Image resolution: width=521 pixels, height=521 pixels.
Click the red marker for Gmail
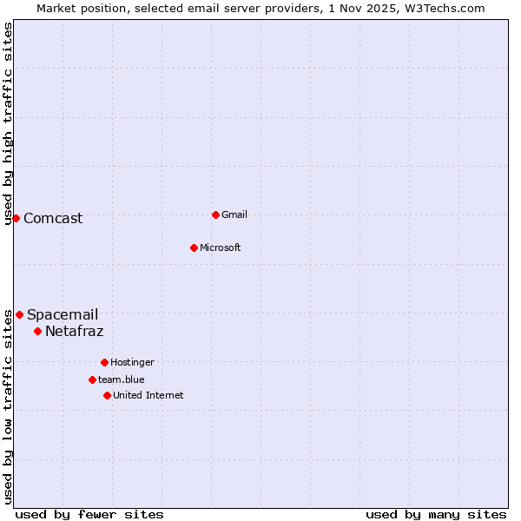click(215, 214)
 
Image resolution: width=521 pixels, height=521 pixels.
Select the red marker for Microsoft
click(194, 247)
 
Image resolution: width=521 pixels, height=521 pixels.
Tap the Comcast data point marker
click(16, 218)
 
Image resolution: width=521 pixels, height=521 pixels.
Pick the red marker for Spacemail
click(19, 314)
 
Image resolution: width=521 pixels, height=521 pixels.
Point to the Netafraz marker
click(37, 331)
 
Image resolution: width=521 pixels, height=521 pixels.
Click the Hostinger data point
click(104, 362)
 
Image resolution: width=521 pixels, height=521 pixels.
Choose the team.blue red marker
click(92, 379)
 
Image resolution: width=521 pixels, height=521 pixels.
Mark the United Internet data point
click(107, 395)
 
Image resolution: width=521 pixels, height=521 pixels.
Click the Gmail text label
click(234, 214)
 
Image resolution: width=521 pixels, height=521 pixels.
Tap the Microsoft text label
click(220, 247)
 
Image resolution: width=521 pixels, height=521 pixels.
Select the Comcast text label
click(53, 218)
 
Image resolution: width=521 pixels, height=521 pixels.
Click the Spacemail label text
click(63, 314)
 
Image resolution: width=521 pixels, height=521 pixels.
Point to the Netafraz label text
click(74, 331)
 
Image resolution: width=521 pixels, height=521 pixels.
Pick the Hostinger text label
click(132, 362)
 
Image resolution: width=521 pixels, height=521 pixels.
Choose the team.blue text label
click(121, 379)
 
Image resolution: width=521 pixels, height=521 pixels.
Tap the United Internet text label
click(148, 395)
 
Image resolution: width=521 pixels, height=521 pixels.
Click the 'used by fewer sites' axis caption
click(89, 514)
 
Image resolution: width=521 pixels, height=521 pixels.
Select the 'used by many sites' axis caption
click(436, 514)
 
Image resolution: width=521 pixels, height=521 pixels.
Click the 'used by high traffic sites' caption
click(8, 123)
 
